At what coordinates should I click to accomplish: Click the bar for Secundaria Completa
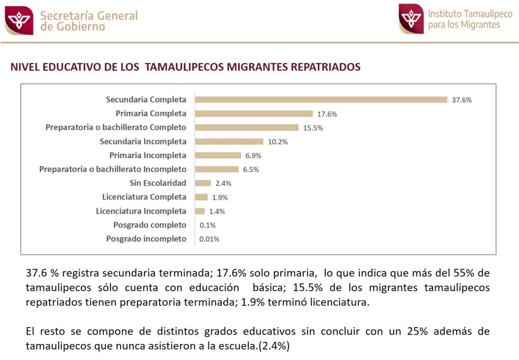point(321,100)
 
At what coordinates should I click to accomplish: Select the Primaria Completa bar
point(254,114)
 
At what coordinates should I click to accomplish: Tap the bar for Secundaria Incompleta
point(229,141)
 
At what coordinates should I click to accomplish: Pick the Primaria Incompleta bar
point(218,155)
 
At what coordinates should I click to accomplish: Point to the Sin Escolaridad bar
point(203,183)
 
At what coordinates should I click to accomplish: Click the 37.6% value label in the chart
point(461,100)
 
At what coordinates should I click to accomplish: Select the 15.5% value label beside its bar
point(313,128)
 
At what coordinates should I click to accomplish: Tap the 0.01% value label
point(209,239)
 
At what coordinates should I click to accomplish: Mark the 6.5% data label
point(251,170)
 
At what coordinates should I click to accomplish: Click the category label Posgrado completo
point(150,225)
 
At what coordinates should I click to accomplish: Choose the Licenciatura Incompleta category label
point(141,211)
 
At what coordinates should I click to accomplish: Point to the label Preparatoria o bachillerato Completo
point(116,128)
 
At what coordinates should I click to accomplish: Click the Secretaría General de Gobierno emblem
point(19,20)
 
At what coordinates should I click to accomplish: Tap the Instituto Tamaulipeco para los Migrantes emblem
point(411,19)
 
